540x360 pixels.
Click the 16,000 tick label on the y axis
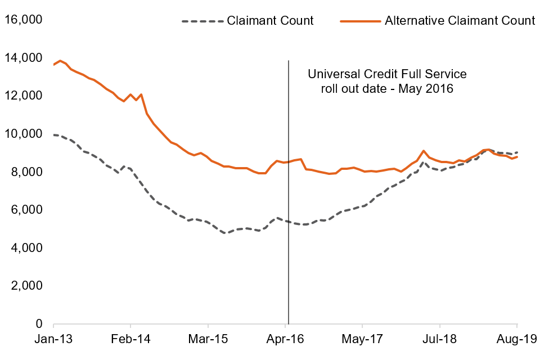click(x=23, y=20)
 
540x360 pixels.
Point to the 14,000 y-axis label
click(x=23, y=58)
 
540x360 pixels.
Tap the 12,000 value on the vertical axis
click(x=23, y=96)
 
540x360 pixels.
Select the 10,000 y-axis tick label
click(x=23, y=134)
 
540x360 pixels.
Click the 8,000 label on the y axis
click(x=26, y=172)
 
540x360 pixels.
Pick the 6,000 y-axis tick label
click(x=26, y=210)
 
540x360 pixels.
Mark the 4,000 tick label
click(x=26, y=247)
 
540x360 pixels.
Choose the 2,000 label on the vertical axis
click(x=26, y=286)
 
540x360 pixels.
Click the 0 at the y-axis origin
click(x=39, y=323)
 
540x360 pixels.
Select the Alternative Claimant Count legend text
click(x=460, y=21)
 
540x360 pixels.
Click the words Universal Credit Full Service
click(x=387, y=74)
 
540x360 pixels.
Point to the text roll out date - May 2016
click(x=387, y=88)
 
